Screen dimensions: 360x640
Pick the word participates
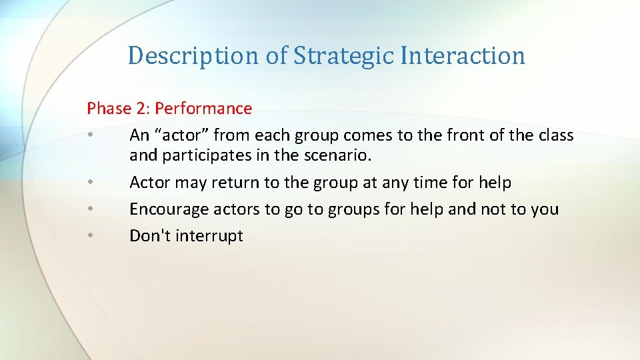point(216,156)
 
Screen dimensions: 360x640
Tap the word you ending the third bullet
point(545,209)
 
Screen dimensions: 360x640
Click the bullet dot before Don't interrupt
point(89,236)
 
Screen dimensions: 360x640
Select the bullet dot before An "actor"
point(89,135)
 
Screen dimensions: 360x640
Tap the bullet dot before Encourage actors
point(89,209)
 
